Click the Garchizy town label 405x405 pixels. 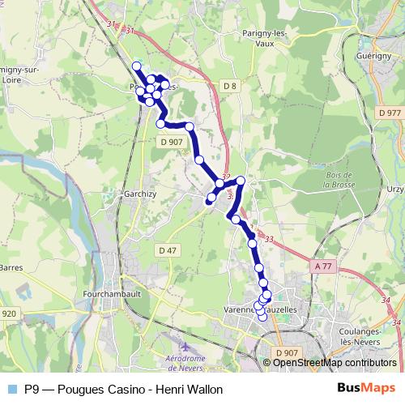click(x=130, y=194)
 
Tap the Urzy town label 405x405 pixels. click(x=396, y=189)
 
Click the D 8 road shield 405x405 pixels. click(x=228, y=85)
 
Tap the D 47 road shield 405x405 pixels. click(x=167, y=250)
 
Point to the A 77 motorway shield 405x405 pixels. click(x=323, y=266)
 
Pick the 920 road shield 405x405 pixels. click(x=9, y=313)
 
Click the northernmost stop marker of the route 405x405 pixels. click(x=136, y=66)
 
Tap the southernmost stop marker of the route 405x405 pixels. click(x=262, y=317)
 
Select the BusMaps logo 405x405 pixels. click(x=366, y=388)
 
